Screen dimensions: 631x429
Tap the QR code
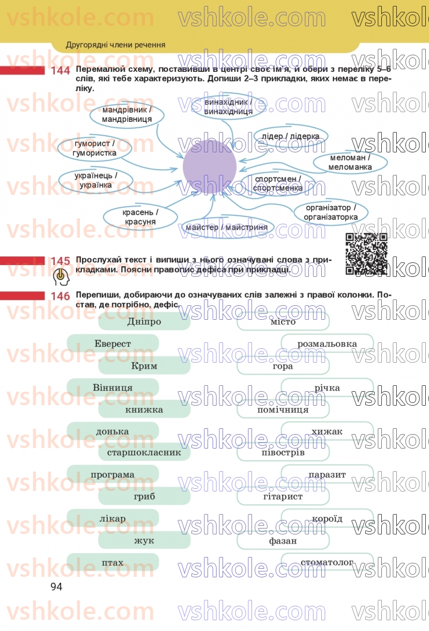pyautogui.click(x=366, y=253)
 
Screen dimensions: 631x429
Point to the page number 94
pyautogui.click(x=56, y=586)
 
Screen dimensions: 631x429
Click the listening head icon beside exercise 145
pyautogui.click(x=62, y=277)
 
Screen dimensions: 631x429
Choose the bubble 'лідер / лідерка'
pyautogui.click(x=291, y=136)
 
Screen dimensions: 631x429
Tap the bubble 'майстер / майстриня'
pyautogui.click(x=227, y=228)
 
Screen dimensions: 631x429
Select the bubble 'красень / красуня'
pyautogui.click(x=140, y=217)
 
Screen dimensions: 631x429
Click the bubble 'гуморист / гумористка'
pyautogui.click(x=95, y=149)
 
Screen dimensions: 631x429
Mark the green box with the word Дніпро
pyautogui.click(x=144, y=321)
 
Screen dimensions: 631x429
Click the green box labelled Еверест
pyautogui.click(x=113, y=343)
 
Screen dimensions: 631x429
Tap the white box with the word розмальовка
pyautogui.click(x=327, y=343)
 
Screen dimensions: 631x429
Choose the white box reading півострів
pyautogui.click(x=283, y=452)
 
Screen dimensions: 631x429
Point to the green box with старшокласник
pyautogui.click(x=144, y=452)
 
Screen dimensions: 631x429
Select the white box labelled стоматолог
pyautogui.click(x=327, y=562)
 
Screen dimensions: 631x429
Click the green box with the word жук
pyautogui.click(x=144, y=540)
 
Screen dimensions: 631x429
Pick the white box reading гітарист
pyautogui.click(x=283, y=496)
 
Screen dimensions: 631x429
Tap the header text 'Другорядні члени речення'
pyautogui.click(x=115, y=45)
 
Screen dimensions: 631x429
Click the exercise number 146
pyautogui.click(x=61, y=296)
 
